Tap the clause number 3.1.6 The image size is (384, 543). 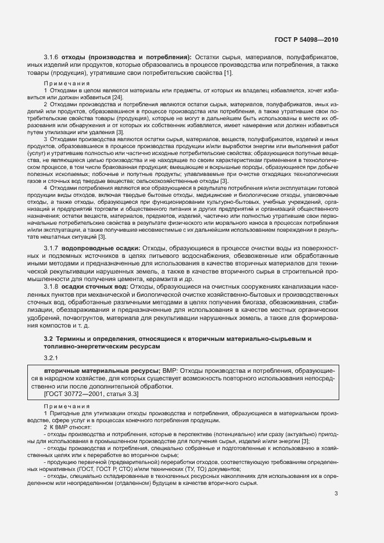click(x=52, y=57)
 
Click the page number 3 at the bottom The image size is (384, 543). click(x=336, y=494)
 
